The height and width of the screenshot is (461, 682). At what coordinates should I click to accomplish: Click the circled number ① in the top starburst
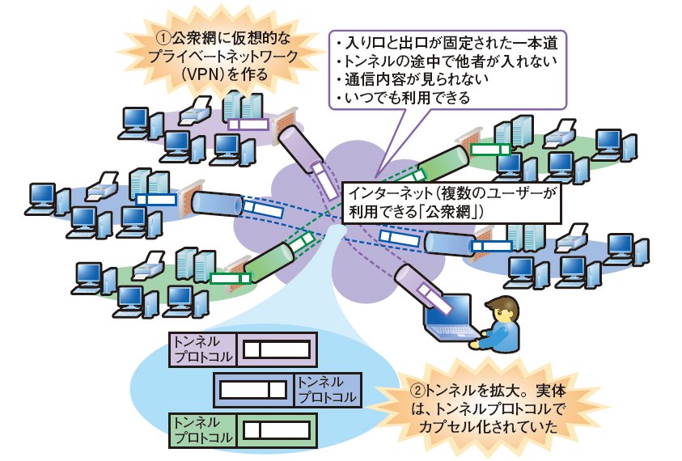pyautogui.click(x=162, y=37)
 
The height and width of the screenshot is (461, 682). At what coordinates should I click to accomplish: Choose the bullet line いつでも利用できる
pyautogui.click(x=401, y=99)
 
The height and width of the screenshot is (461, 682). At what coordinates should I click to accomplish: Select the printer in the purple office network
pyautogui.click(x=197, y=110)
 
